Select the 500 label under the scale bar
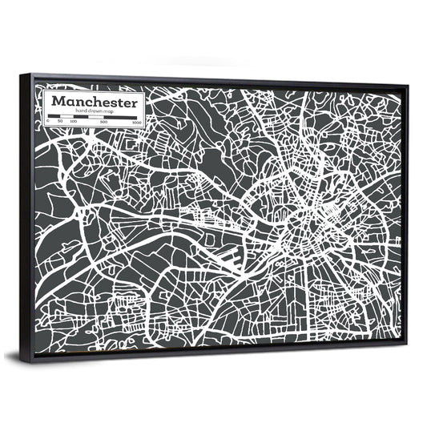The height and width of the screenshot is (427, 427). (104, 123)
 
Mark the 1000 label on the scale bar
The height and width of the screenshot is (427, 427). (136, 123)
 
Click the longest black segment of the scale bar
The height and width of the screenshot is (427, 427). (121, 118)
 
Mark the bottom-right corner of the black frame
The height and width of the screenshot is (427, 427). (407, 341)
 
